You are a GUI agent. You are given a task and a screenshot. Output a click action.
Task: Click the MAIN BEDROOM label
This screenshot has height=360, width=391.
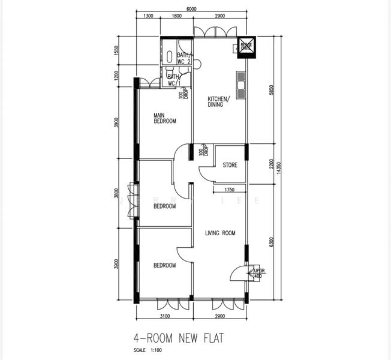click(164, 118)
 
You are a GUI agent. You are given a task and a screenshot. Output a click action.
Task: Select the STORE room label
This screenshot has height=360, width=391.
click(230, 165)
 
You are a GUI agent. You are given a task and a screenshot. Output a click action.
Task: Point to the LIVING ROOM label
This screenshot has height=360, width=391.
click(220, 233)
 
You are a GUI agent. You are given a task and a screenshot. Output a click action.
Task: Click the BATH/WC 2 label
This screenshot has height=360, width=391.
click(184, 58)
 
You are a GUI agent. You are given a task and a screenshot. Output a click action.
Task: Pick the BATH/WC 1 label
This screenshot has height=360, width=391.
click(174, 80)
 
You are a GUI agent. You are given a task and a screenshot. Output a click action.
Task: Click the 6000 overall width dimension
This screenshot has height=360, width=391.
click(191, 10)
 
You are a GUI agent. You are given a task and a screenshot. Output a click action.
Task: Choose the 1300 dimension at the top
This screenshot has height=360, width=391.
click(148, 16)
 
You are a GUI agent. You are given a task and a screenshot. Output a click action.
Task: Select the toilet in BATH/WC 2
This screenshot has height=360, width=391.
click(170, 58)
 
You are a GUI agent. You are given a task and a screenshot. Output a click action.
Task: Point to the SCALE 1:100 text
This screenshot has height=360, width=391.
click(151, 350)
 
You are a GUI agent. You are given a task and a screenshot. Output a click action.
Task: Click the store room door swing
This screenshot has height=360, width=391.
click(207, 173)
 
